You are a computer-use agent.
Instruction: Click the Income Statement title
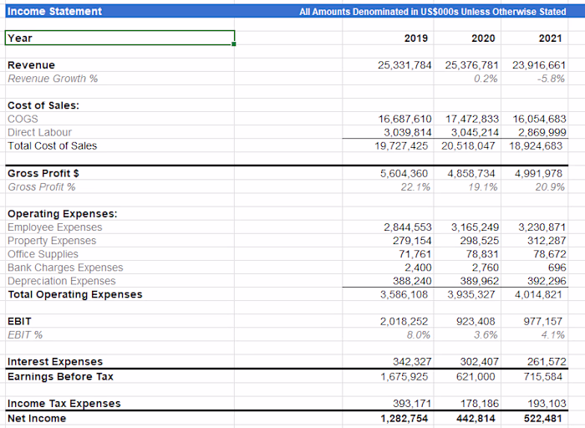(54, 11)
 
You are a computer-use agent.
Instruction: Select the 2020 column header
(484, 38)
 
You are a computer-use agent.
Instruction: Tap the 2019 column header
(415, 38)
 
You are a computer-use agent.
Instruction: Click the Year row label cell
(120, 38)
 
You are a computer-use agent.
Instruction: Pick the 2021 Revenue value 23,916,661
(539, 65)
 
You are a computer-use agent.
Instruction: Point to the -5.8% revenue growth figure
(551, 79)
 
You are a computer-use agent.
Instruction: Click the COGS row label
(23, 119)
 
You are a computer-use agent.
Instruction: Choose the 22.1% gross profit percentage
(416, 186)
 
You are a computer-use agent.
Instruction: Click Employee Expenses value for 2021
(542, 227)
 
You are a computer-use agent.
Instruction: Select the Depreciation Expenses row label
(62, 281)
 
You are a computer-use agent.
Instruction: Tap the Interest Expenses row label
(55, 362)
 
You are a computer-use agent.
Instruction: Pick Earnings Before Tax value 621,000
(479, 376)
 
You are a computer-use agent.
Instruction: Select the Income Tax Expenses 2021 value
(546, 404)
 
